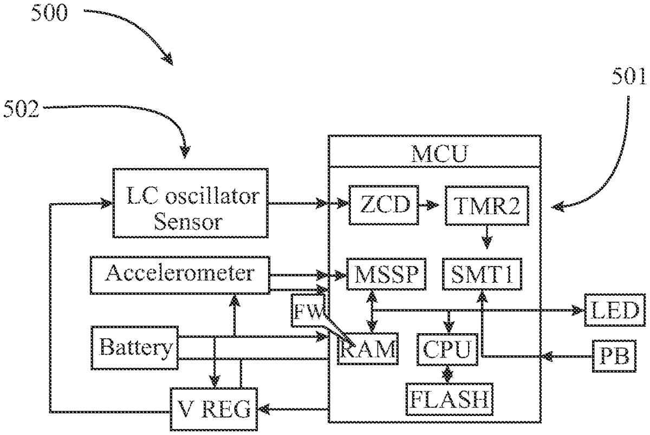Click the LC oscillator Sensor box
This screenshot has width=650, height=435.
190,203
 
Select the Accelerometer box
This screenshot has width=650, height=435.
180,274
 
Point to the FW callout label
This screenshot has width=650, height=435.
308,311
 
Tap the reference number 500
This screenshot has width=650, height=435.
49,12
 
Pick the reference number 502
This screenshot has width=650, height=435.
22,109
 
